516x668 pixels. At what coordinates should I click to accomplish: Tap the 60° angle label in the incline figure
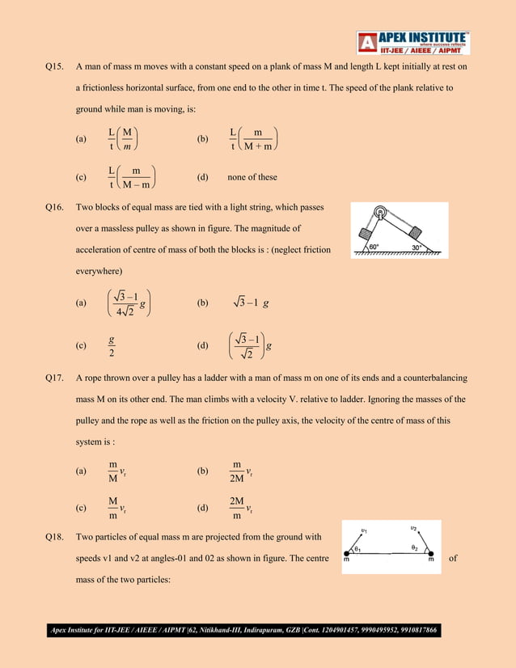pos(377,247)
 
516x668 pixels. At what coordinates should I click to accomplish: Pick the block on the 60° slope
pos(364,236)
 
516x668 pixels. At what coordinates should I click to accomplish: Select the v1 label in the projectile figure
pos(364,531)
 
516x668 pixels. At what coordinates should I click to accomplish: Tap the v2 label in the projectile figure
pos(413,527)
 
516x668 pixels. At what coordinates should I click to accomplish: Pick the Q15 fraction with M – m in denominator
pos(131,177)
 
